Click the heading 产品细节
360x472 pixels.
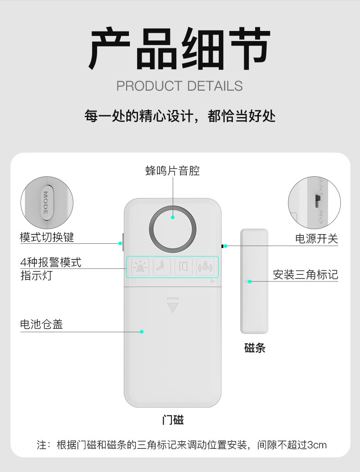click(180, 49)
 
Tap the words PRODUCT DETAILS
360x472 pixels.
click(180, 86)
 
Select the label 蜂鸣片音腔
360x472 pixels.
click(173, 171)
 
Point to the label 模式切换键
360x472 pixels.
click(46, 237)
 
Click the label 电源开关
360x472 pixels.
click(317, 238)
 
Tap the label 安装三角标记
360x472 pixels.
click(305, 275)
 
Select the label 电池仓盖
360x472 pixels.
click(41, 324)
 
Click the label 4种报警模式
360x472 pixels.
click(51, 262)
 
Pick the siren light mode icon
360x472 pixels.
click(140, 267)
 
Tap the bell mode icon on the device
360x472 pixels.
click(205, 267)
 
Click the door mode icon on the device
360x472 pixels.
click(184, 267)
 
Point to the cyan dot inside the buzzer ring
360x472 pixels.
click(173, 217)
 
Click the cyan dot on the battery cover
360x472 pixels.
click(142, 332)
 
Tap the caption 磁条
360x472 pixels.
click(255, 349)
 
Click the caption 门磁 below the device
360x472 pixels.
click(173, 420)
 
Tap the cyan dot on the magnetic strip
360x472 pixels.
click(250, 282)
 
